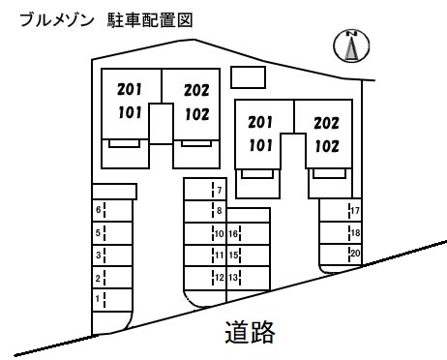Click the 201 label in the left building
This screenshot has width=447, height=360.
click(x=129, y=90)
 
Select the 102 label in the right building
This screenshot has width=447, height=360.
click(x=325, y=148)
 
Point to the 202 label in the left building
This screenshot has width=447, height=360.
click(x=196, y=92)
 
